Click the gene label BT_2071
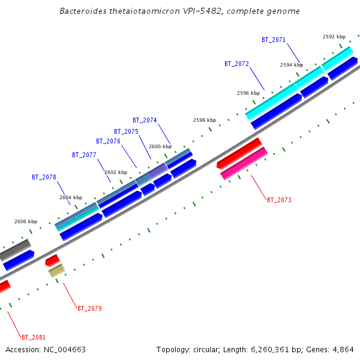[274, 40]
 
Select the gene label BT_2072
[236, 64]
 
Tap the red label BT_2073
[279, 200]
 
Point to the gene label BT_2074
[145, 120]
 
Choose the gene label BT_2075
[126, 131]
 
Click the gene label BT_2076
[108, 142]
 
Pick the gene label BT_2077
[84, 155]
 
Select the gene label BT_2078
[44, 177]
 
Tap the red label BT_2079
[89, 308]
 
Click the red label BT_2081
[33, 337]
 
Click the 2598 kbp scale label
[204, 120]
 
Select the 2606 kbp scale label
[26, 221]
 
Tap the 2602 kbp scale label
[116, 172]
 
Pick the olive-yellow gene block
[56, 271]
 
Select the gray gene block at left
[15, 249]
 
